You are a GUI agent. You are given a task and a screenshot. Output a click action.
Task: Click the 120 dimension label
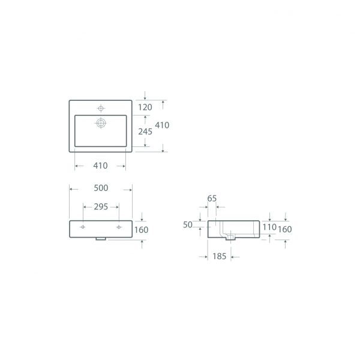click(145, 107)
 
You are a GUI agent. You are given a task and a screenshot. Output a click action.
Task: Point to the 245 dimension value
click(145, 131)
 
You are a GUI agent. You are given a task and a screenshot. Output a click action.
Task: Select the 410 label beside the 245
click(162, 125)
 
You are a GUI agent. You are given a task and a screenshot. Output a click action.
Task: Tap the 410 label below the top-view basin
click(100, 166)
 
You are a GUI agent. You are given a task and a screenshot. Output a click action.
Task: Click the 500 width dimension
click(101, 188)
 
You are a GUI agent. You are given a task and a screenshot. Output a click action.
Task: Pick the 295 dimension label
click(101, 207)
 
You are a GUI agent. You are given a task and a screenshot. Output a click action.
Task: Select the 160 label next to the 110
click(284, 229)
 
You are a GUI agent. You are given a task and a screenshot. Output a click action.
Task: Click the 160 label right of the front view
click(141, 230)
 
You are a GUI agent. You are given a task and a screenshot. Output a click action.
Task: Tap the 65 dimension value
click(212, 199)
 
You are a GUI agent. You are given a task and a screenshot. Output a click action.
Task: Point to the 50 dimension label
click(188, 225)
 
